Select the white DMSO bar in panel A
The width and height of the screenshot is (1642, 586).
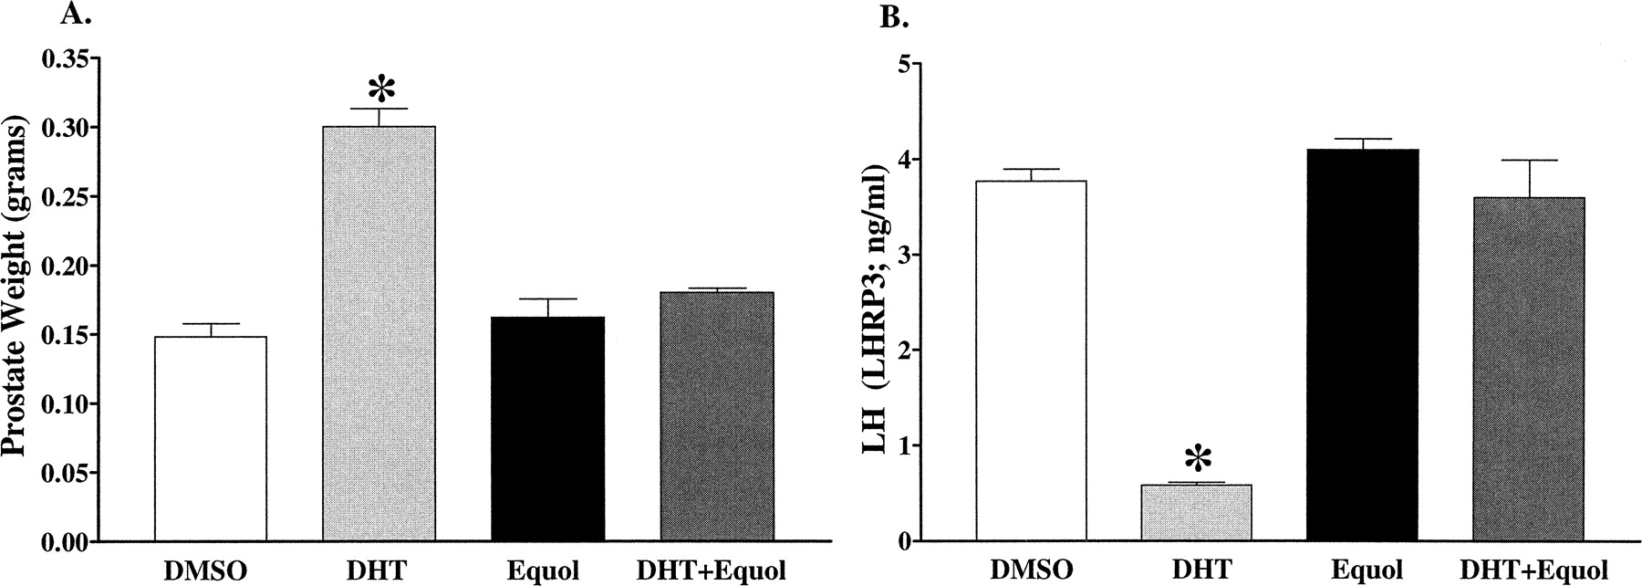[210, 439]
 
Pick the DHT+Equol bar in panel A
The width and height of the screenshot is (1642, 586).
[717, 416]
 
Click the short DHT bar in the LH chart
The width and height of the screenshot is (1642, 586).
[1196, 513]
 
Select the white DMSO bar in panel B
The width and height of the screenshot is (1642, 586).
[1030, 361]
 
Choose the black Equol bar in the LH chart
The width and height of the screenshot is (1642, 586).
[1362, 345]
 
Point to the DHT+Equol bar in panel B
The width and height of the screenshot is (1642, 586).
[1528, 369]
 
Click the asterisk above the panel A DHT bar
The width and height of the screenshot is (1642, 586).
[381, 90]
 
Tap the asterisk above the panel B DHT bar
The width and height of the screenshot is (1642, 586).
[1197, 459]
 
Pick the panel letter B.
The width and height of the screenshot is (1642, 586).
[889, 17]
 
